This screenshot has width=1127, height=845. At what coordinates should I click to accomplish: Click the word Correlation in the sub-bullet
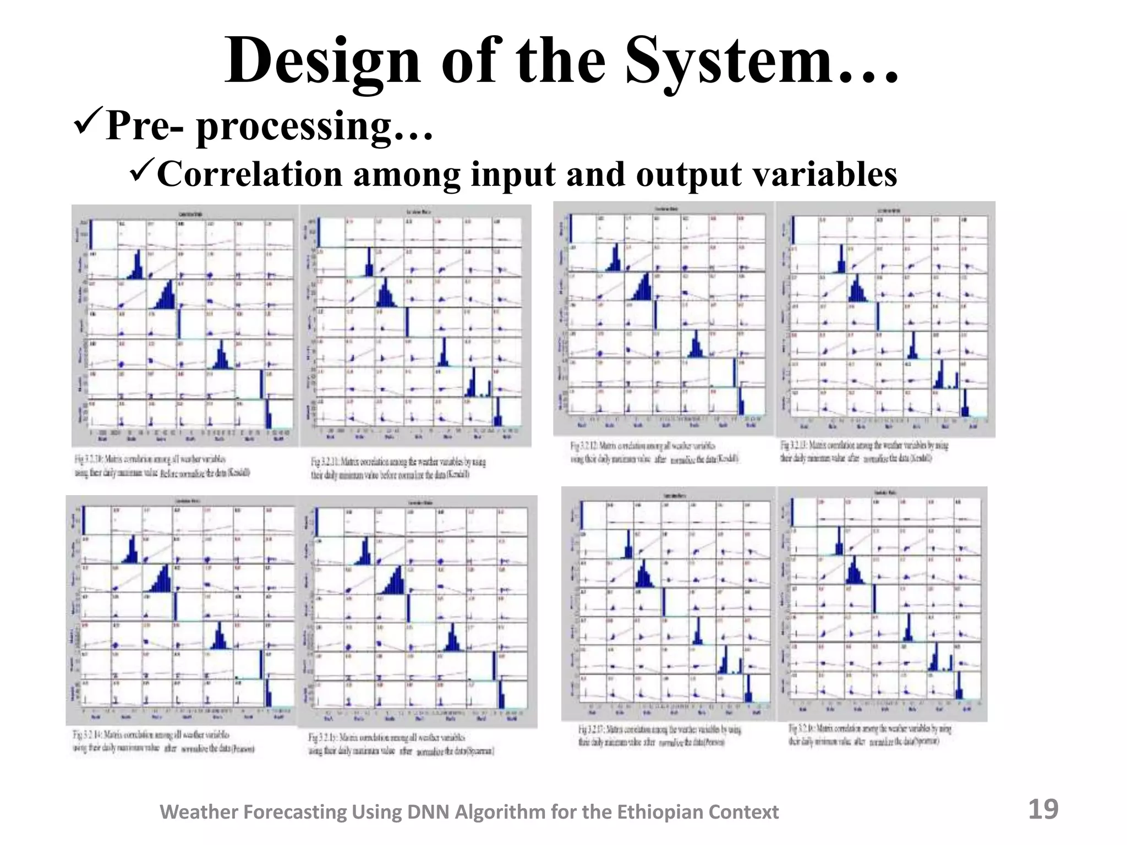250,174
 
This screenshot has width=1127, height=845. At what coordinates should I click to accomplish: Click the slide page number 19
1043,809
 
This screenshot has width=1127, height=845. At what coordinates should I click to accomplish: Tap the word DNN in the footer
426,812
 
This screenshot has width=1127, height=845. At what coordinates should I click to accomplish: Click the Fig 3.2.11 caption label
325,462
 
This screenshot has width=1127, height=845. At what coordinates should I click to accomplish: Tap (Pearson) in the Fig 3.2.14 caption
244,749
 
